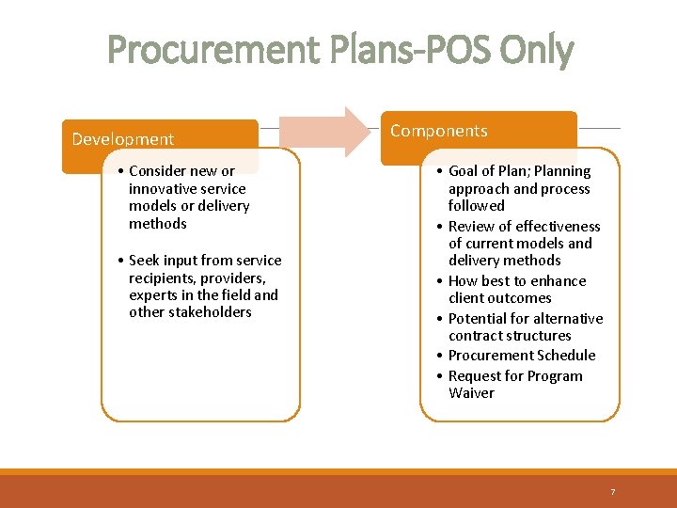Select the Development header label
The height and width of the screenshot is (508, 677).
coord(123,139)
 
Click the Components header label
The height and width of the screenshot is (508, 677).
coord(439,131)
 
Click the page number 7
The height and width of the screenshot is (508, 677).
coord(612,492)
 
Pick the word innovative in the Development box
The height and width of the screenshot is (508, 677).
coord(164,188)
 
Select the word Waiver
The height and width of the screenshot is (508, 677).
coord(471,393)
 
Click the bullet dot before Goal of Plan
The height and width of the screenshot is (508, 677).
coord(440,171)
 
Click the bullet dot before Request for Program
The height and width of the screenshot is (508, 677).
coord(440,376)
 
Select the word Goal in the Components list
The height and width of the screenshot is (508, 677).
coord(464,171)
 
